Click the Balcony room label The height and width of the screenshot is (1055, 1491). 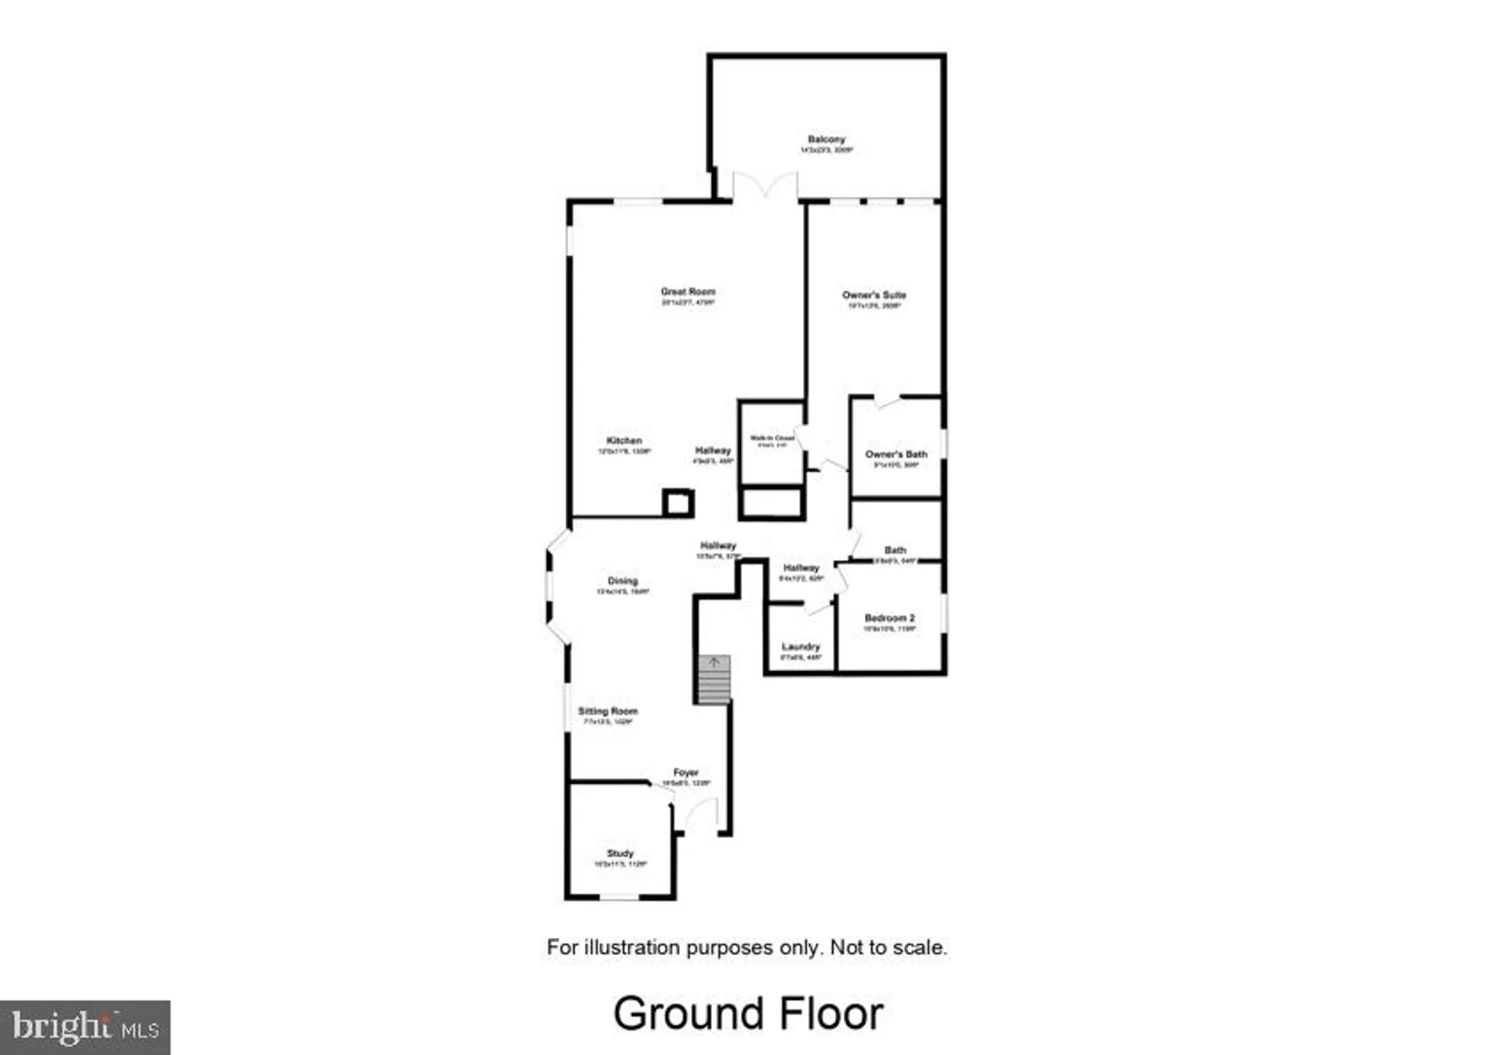click(826, 139)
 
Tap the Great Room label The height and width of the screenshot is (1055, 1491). click(687, 292)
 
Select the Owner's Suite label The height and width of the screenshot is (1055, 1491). click(874, 295)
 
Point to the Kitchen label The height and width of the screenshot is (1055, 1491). click(624, 441)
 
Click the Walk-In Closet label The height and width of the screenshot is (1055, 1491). click(772, 438)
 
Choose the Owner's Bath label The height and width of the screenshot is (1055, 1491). click(896, 454)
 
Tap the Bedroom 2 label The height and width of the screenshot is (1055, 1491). click(889, 618)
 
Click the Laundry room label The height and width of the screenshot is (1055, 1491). click(801, 646)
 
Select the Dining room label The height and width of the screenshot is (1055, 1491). click(622, 581)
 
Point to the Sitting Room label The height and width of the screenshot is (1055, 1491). click(608, 711)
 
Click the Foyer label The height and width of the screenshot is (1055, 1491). click(686, 773)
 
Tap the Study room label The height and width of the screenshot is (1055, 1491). click(620, 853)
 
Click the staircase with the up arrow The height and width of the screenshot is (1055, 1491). click(713, 680)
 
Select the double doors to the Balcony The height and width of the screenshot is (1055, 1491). click(765, 186)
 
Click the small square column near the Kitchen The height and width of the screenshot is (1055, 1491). click(678, 503)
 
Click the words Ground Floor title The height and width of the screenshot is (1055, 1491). click(748, 1014)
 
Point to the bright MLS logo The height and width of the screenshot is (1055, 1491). click(85, 1027)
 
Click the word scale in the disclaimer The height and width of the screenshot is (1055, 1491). click(919, 948)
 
